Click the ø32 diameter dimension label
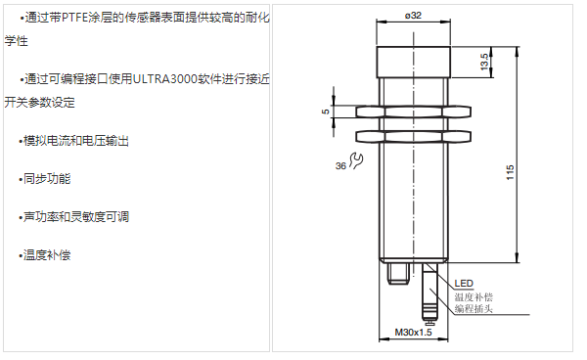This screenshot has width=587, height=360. [413, 16]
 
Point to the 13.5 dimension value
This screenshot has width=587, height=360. [484, 62]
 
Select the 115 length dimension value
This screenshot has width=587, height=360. [510, 172]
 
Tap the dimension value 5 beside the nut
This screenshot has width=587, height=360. [325, 112]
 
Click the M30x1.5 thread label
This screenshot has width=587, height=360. [413, 332]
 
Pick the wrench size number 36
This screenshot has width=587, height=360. [340, 165]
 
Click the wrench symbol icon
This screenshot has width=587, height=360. [356, 160]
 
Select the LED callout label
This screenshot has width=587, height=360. [464, 284]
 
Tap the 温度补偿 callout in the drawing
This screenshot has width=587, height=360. [474, 297]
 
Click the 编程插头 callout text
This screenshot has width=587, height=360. [474, 309]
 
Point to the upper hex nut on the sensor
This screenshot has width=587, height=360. [413, 112]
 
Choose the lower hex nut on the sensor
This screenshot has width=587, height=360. [413, 137]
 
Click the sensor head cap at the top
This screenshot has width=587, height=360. [413, 63]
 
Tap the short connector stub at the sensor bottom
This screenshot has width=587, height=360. [398, 274]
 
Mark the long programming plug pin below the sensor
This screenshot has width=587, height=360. [429, 293]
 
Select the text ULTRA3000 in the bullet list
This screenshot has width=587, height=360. [165, 79]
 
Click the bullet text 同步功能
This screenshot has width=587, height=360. [47, 179]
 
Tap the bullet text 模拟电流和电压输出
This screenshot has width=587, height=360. [76, 141]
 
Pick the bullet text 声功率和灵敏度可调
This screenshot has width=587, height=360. [76, 216]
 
